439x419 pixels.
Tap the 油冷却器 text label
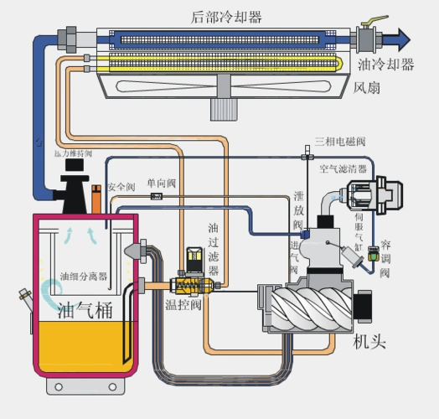pyautogui.click(x=385, y=65)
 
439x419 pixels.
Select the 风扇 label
pyautogui.click(x=369, y=85)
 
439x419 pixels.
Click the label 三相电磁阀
pyautogui.click(x=340, y=141)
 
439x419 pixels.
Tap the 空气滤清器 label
pyautogui.click(x=345, y=168)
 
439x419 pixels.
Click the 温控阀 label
pyautogui.click(x=183, y=305)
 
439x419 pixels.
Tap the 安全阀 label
pyautogui.click(x=121, y=185)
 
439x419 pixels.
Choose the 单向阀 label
pyautogui.click(x=161, y=184)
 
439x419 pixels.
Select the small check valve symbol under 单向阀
pyautogui.click(x=155, y=196)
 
